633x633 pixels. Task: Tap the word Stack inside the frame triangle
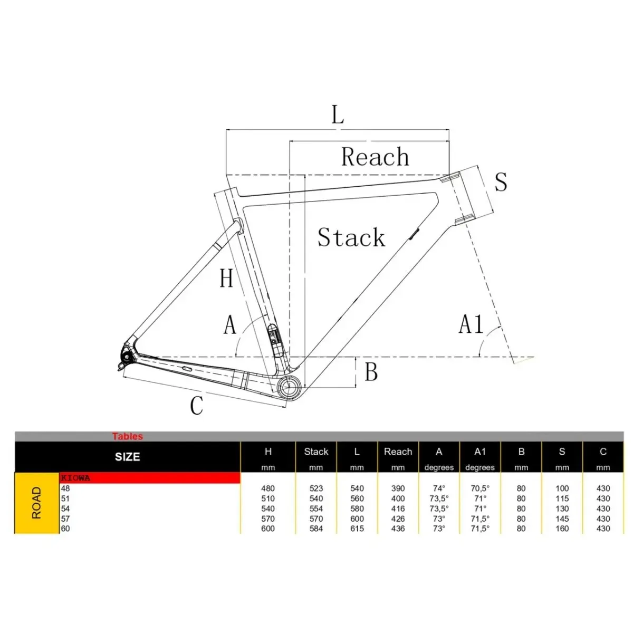click(351, 237)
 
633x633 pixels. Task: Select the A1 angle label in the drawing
click(471, 324)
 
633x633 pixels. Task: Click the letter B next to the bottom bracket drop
click(371, 372)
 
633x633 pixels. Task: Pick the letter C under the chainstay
click(196, 405)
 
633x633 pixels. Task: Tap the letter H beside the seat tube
click(226, 278)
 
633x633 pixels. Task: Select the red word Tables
click(128, 436)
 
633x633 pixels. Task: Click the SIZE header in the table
click(128, 457)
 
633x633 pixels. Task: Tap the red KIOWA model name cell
click(150, 478)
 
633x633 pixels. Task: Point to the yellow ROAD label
click(36, 503)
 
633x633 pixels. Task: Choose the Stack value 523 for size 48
click(316, 488)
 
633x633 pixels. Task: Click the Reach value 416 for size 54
click(398, 509)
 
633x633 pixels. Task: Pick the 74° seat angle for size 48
click(439, 488)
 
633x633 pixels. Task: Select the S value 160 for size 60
click(562, 529)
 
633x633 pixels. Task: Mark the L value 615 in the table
click(357, 529)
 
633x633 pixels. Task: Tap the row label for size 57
click(65, 519)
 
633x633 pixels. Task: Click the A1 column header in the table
click(479, 452)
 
